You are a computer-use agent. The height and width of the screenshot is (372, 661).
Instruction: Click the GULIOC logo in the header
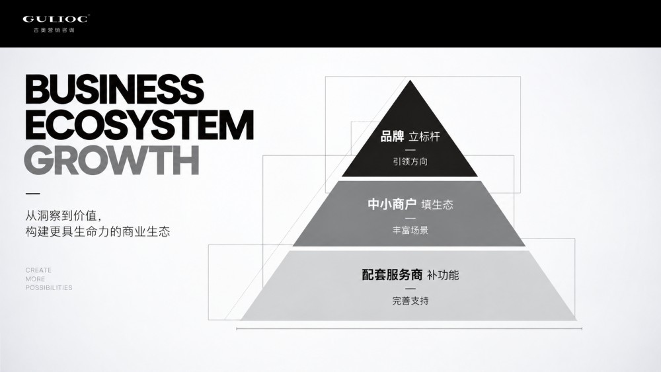pos(56,19)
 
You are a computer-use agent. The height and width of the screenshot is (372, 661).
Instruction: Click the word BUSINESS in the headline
pos(114,89)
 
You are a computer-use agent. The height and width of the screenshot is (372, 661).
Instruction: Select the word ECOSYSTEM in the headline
pos(139,125)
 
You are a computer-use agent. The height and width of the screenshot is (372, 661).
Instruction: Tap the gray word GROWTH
pos(112,160)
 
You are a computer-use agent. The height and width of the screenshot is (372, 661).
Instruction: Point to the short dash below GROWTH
pos(33,194)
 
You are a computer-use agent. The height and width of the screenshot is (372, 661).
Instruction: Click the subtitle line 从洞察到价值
pos(63,215)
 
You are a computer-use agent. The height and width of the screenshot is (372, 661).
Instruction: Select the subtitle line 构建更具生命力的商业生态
pos(98,232)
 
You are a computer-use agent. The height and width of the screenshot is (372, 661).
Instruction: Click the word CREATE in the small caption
pos(38,270)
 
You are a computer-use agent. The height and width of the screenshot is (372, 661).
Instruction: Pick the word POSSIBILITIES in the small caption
pos(49,287)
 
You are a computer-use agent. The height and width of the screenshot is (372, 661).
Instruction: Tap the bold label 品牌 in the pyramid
pos(392,137)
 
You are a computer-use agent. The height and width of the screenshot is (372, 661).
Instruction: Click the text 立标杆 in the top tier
pos(424,137)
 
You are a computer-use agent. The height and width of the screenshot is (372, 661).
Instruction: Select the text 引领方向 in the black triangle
pos(410,161)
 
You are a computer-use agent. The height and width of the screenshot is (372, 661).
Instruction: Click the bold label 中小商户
pos(392,204)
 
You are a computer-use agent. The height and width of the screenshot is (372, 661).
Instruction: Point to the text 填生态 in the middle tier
pos(437,205)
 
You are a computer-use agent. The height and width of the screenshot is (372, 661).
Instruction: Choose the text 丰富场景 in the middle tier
pos(410,230)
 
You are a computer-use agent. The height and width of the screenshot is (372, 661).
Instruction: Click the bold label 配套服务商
pos(392,275)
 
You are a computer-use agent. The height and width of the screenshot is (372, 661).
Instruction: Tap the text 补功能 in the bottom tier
pos(443,275)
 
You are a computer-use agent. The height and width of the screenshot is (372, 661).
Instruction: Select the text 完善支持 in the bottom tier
pos(410,301)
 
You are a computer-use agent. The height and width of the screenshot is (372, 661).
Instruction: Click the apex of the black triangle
pos(410,81)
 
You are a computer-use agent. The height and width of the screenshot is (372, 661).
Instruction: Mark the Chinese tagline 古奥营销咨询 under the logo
pos(54,30)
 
